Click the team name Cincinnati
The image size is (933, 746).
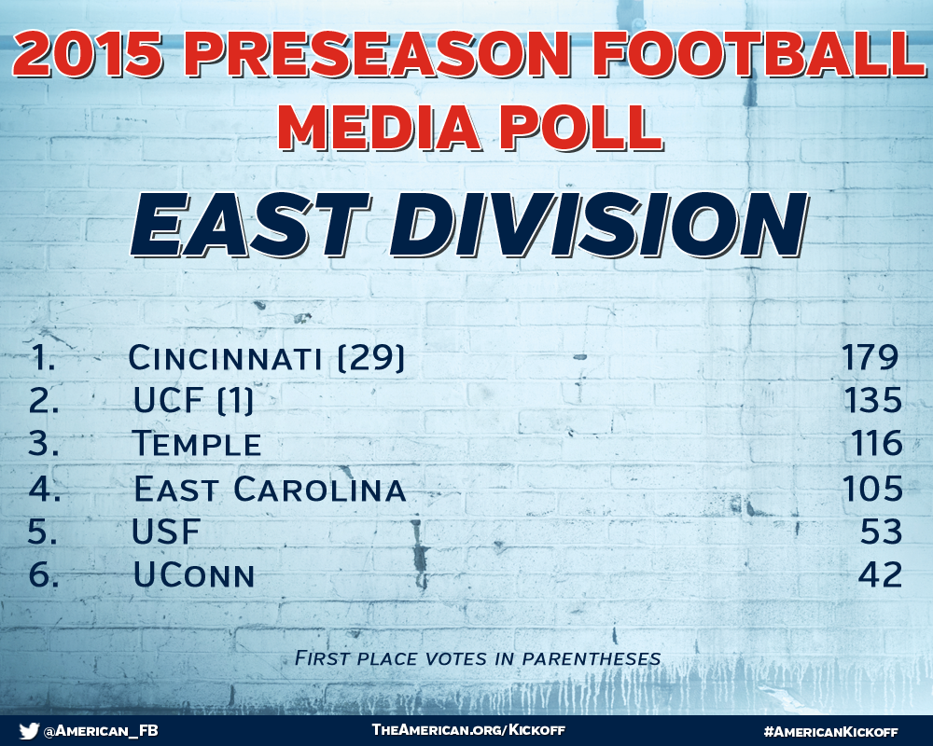pyautogui.click(x=225, y=358)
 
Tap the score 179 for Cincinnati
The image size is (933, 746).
pyautogui.click(x=870, y=357)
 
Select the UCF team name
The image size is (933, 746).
pyautogui.click(x=168, y=400)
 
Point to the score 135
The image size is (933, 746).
pyautogui.click(x=873, y=400)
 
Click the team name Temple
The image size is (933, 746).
pyautogui.click(x=198, y=444)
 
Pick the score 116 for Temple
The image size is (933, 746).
pyautogui.click(x=876, y=444)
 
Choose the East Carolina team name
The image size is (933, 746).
pyautogui.click(x=271, y=489)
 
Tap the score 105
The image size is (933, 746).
pyautogui.click(x=872, y=489)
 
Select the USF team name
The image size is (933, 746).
pyautogui.click(x=166, y=532)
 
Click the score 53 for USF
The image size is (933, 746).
pyautogui.click(x=882, y=532)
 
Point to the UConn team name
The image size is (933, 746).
pyautogui.click(x=195, y=575)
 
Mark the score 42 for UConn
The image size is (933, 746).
pyautogui.click(x=880, y=574)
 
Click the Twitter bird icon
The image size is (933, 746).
pyautogui.click(x=29, y=730)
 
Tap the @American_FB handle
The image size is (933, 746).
pyautogui.click(x=101, y=730)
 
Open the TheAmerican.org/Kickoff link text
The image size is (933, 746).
pyautogui.click(x=468, y=730)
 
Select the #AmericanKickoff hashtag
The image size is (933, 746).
pyautogui.click(x=830, y=731)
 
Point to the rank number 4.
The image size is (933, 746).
pyautogui.click(x=44, y=489)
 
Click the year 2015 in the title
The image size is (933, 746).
pyautogui.click(x=88, y=54)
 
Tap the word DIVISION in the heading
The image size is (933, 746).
pyautogui.click(x=599, y=225)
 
